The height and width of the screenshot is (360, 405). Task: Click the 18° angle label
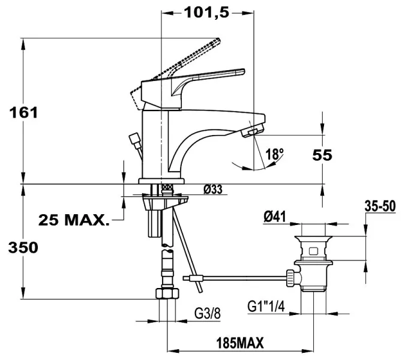point(274,154)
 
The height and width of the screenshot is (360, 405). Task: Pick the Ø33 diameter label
point(213,190)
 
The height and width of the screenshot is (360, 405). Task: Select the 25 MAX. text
point(74,220)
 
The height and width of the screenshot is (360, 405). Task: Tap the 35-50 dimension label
point(379,206)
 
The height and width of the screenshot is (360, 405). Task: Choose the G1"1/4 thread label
point(265,306)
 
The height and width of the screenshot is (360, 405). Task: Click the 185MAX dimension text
point(239,343)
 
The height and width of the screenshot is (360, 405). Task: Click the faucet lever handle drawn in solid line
point(210,79)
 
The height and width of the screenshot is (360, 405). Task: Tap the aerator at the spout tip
point(253,130)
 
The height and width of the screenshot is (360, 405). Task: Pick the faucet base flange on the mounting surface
point(163,181)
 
